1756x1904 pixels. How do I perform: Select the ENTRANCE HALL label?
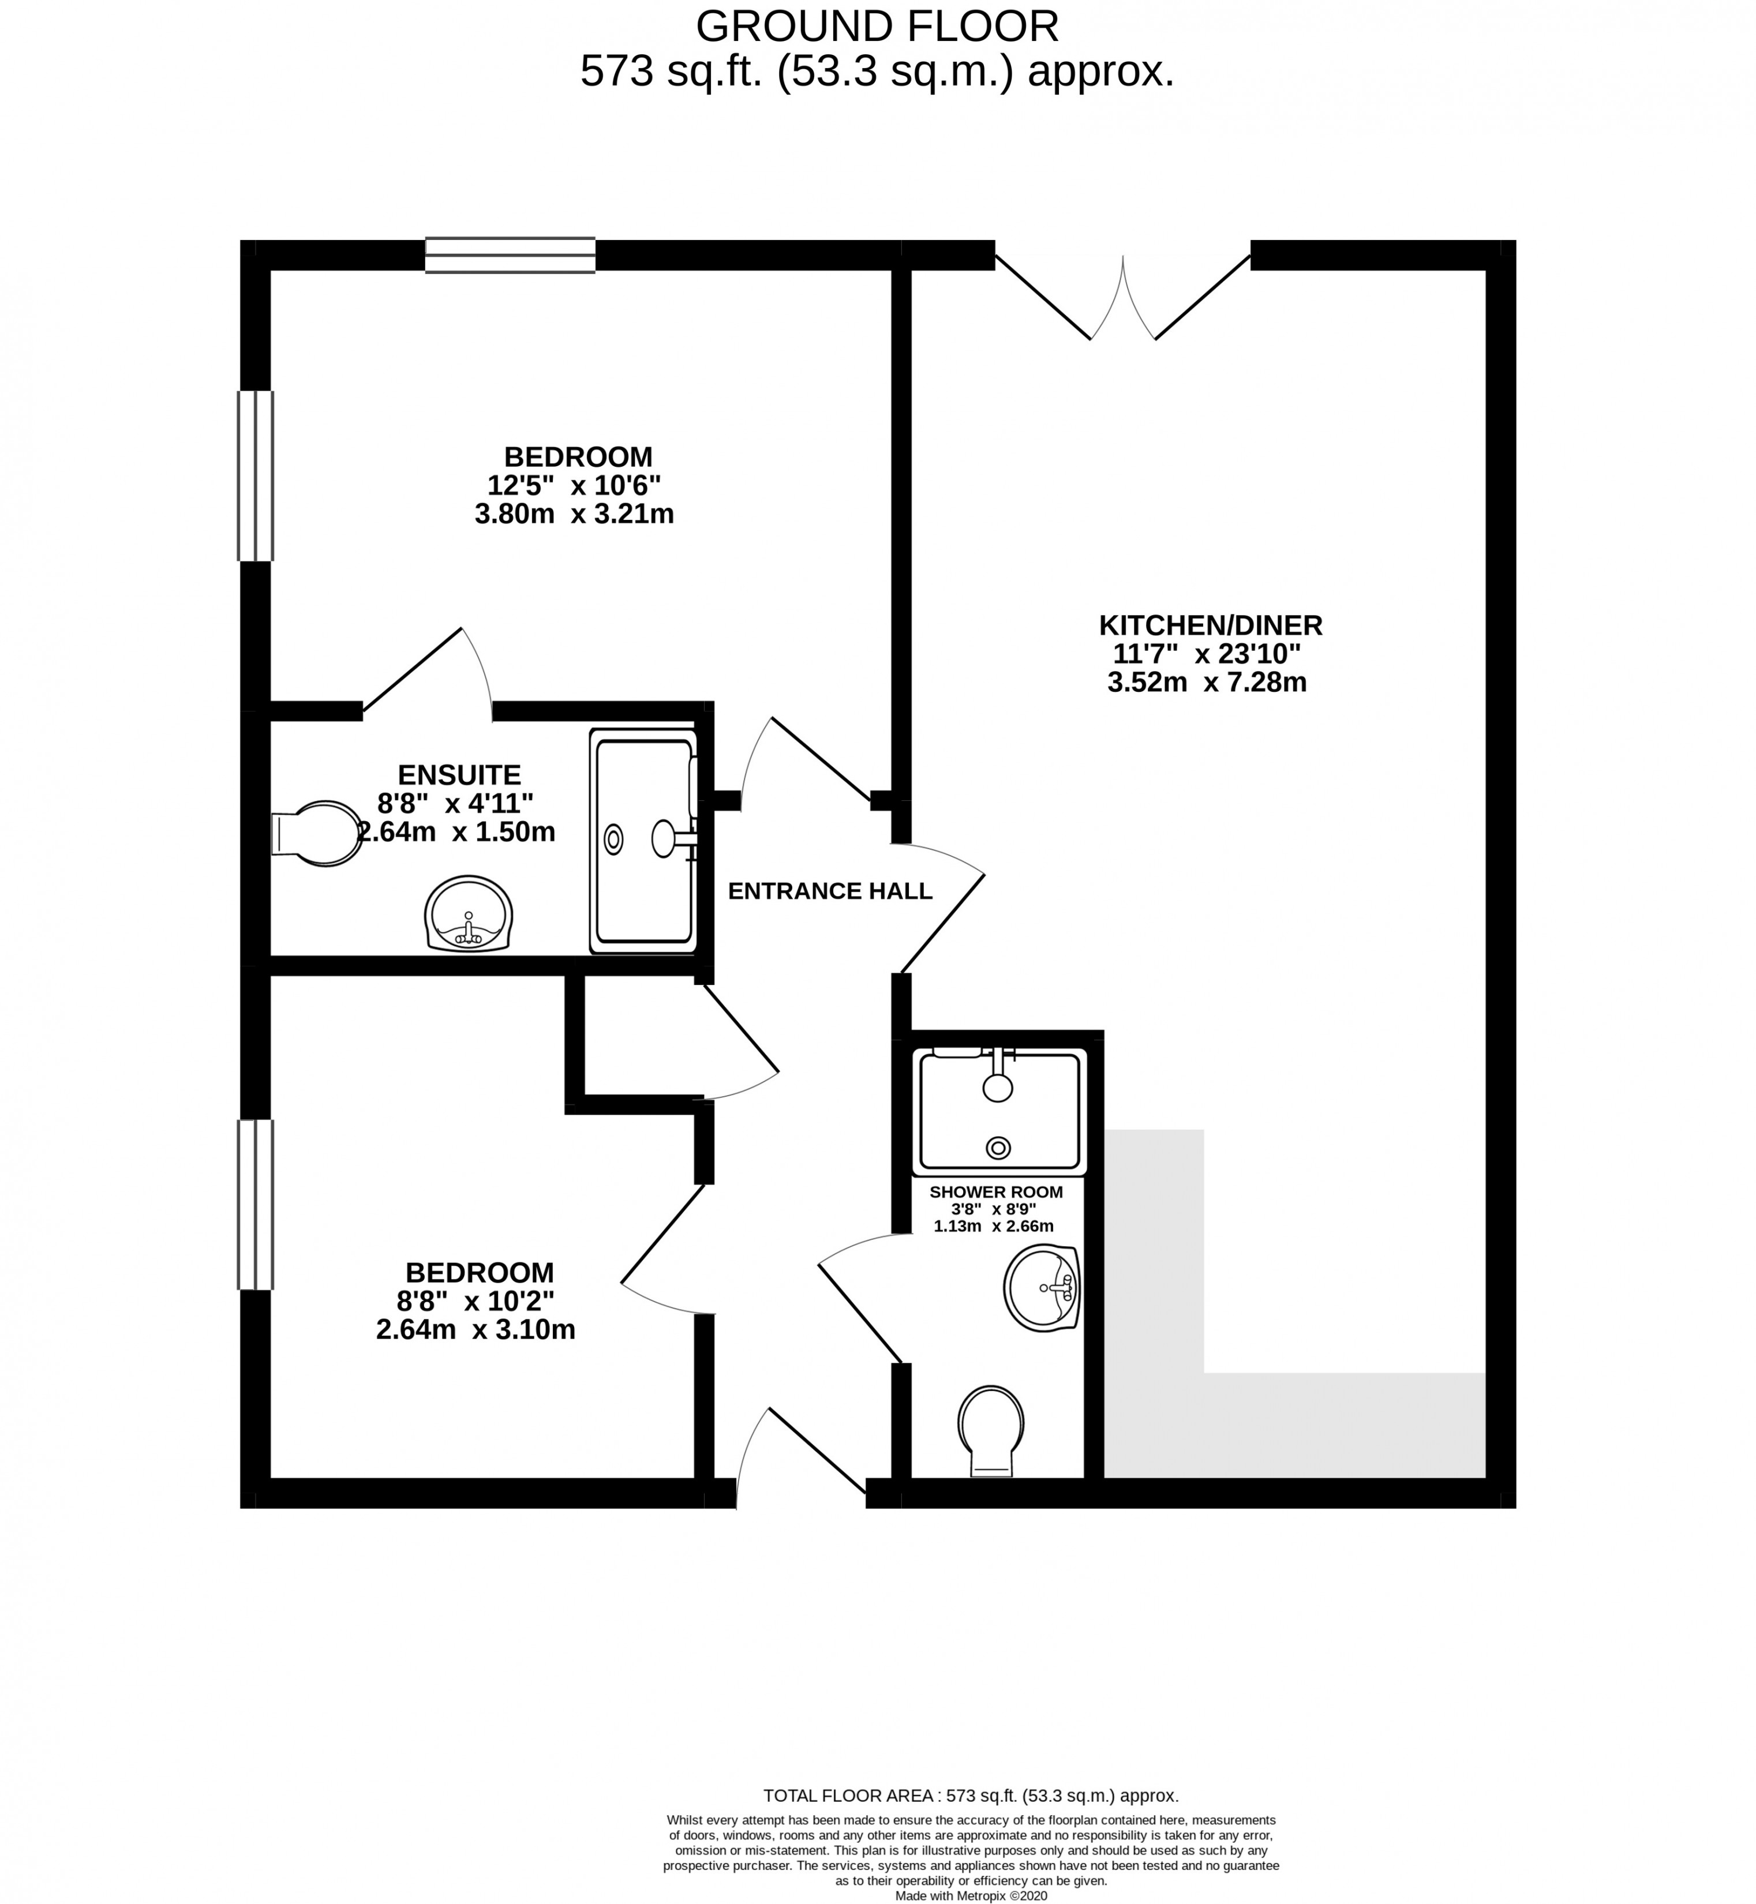pos(830,891)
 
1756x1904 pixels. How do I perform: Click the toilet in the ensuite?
pos(317,833)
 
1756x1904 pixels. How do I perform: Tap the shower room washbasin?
pos(1042,1288)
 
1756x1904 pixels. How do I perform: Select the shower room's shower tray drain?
pos(998,1148)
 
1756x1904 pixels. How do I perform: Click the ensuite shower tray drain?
pos(614,839)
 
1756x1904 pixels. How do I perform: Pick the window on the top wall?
pos(510,254)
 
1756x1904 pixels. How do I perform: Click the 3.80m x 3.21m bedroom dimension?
pos(574,514)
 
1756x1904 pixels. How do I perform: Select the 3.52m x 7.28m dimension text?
pos(1207,682)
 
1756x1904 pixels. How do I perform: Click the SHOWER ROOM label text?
pos(996,1191)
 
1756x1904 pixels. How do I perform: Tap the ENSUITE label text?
pos(459,774)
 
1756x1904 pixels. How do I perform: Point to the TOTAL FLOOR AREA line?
pos(971,1796)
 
